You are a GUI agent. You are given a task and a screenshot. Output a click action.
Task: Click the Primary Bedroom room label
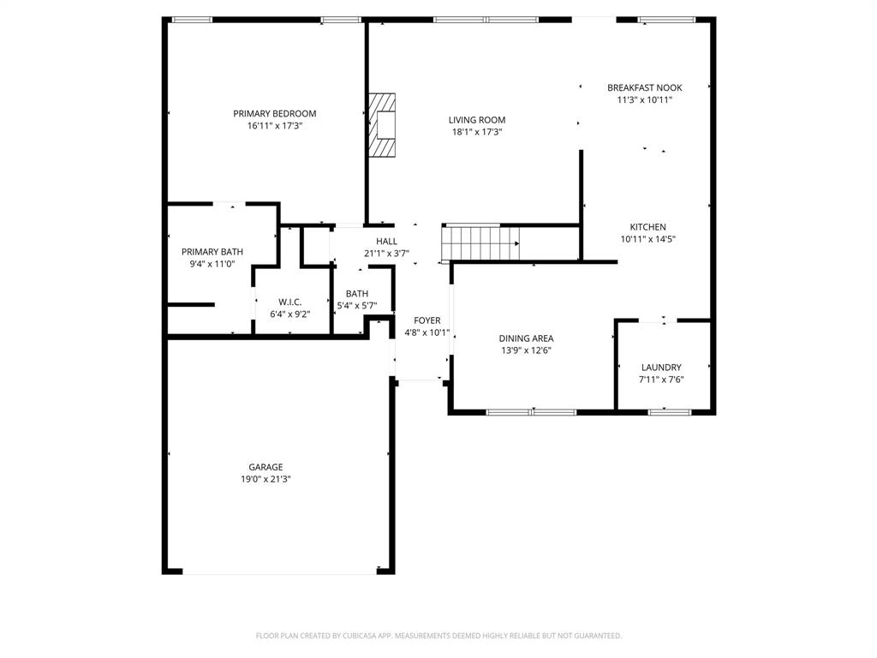coord(275,113)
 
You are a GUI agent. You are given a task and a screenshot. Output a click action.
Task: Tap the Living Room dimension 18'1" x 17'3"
coord(476,132)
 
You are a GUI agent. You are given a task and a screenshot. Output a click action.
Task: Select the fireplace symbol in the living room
coord(383,126)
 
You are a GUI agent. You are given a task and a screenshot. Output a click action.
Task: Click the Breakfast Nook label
coord(644,87)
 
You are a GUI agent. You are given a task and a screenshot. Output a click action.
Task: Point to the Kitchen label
coord(647,227)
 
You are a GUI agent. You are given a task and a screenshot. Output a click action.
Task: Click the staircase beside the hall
coord(481,242)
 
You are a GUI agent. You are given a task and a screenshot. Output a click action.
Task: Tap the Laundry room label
coord(661,367)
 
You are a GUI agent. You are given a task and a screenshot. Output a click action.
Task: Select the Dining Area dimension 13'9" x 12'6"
coord(525,350)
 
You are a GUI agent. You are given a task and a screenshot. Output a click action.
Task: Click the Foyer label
coord(427,320)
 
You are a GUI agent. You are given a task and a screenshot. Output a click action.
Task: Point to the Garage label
coord(265,467)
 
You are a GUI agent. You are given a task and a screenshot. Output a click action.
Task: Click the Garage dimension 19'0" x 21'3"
coord(265,479)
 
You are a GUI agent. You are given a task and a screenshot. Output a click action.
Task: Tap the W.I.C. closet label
coord(289,302)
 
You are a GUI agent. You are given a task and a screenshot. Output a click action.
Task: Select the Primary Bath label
coord(212,252)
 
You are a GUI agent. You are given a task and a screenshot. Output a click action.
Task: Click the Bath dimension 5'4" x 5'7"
coord(357,305)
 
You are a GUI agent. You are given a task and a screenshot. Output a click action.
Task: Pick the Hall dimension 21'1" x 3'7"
coord(386,253)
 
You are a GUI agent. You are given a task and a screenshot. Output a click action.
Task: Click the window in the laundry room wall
coord(669,412)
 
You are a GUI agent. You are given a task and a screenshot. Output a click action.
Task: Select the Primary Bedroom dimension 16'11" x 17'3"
coord(275,125)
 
